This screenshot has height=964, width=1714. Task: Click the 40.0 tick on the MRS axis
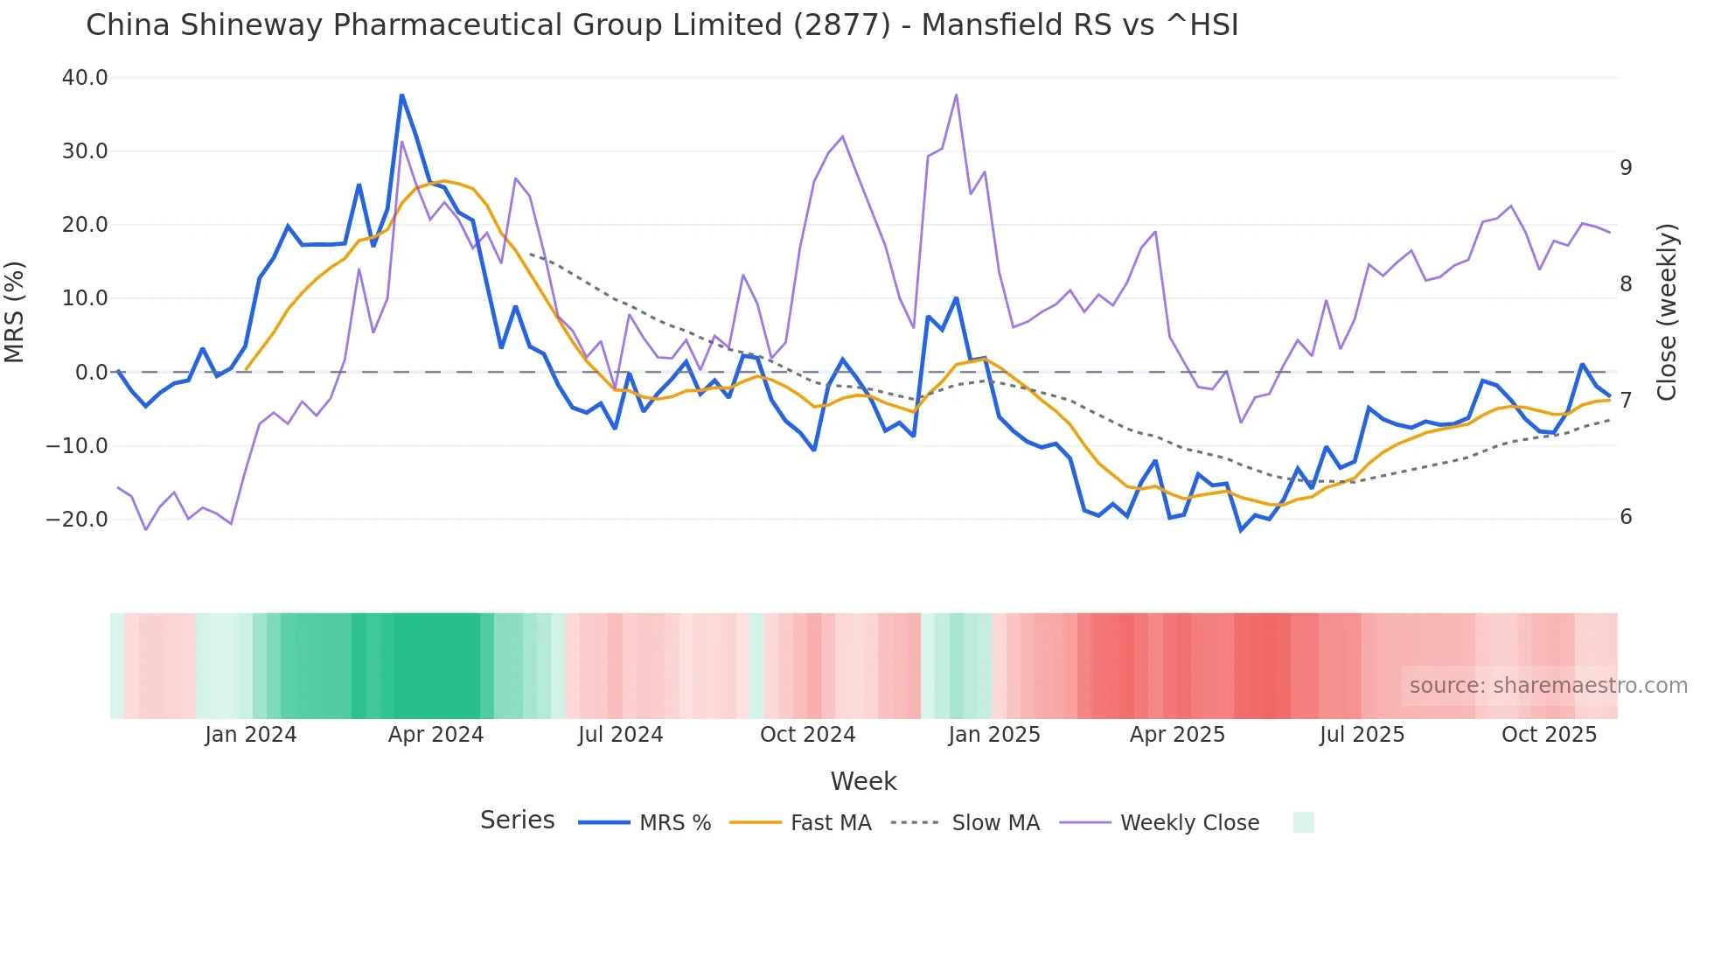85,78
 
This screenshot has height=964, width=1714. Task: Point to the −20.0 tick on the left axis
77,520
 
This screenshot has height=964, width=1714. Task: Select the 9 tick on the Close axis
1626,168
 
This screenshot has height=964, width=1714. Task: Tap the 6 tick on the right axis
1626,517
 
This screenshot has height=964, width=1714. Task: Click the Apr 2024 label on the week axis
435,735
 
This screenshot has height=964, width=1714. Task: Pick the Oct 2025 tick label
1549,735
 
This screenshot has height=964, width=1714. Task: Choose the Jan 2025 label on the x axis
993,735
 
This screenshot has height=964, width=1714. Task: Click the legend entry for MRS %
674,823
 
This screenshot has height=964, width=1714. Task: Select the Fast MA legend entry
830,823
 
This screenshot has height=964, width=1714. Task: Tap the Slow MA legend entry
995,823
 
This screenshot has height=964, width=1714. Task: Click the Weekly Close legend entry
1189,823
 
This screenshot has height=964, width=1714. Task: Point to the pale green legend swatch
1303,822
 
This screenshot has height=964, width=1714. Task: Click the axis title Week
863,781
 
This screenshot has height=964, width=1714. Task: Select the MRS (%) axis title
15,312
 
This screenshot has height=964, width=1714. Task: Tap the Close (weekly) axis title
1667,312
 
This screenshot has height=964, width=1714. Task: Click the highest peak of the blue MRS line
401,94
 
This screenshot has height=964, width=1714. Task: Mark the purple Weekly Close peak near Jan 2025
956,94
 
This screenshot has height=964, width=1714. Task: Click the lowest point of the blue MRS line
1240,530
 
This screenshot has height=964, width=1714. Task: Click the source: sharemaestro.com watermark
1548,686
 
